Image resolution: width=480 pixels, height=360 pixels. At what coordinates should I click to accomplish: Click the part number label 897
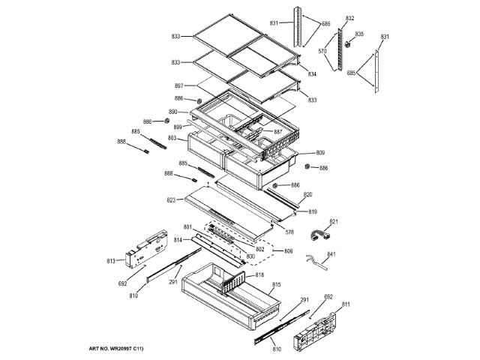click(x=178, y=85)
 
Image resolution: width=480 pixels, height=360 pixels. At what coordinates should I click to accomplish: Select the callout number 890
click(x=172, y=112)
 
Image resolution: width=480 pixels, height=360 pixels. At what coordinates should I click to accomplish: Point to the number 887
click(x=278, y=132)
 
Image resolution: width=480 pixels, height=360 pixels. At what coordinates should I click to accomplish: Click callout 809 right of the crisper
click(x=320, y=152)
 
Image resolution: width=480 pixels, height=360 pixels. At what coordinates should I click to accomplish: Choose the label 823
click(x=171, y=200)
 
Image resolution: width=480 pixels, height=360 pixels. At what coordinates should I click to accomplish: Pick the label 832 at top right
click(x=349, y=17)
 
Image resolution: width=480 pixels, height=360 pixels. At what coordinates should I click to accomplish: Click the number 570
click(x=322, y=52)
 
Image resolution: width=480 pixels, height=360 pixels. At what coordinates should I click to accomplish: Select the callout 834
click(x=312, y=74)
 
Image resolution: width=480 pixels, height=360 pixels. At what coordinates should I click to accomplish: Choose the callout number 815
click(x=276, y=285)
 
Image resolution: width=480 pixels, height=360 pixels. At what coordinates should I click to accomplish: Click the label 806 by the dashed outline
click(x=289, y=252)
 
